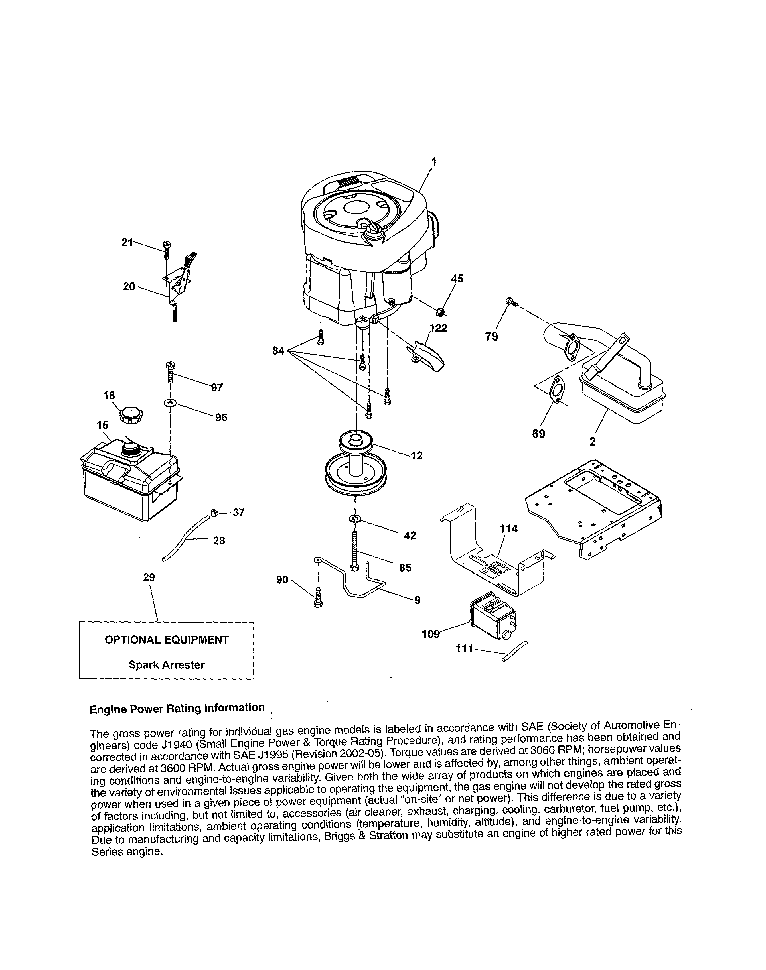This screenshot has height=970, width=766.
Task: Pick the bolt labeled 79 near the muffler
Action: (511, 302)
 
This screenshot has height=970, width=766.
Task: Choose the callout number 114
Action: (508, 529)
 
